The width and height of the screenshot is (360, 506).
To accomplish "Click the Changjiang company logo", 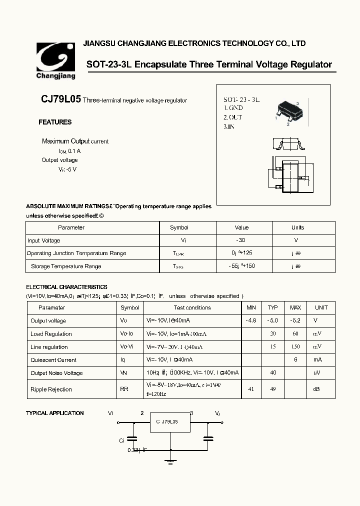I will pyautogui.click(x=55, y=60).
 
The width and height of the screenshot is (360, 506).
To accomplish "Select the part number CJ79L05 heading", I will pyautogui.click(x=60, y=99).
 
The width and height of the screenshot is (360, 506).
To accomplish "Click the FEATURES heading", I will pyautogui.click(x=55, y=122).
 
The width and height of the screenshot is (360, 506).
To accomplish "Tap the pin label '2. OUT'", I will pyautogui.click(x=232, y=117).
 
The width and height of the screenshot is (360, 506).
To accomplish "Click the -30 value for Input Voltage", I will pyautogui.click(x=241, y=240).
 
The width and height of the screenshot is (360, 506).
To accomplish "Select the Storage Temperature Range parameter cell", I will pyautogui.click(x=66, y=266).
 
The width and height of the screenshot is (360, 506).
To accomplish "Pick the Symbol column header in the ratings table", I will pyautogui.click(x=179, y=227).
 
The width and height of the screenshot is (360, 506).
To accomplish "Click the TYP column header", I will pyautogui.click(x=272, y=307).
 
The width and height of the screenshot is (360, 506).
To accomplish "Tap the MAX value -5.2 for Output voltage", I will pyautogui.click(x=295, y=320).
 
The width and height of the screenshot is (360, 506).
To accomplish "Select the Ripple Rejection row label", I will pyautogui.click(x=51, y=389).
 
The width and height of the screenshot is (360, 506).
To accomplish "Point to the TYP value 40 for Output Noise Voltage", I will pyautogui.click(x=273, y=372).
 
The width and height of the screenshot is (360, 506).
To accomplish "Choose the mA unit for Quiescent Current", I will pyautogui.click(x=317, y=360).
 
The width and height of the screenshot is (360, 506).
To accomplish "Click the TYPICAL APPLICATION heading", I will pyautogui.click(x=55, y=413).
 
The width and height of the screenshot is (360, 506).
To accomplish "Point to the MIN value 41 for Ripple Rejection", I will pyautogui.click(x=251, y=389).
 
